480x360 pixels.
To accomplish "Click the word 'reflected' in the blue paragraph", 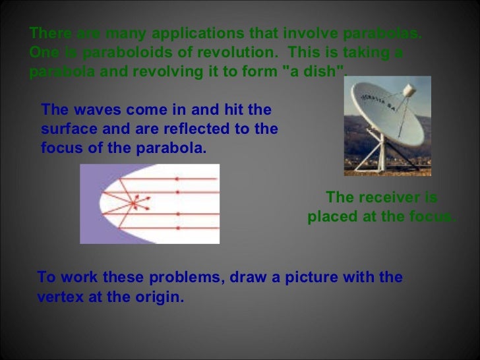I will (x=208, y=129).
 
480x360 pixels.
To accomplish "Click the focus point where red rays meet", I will (x=136, y=204).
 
